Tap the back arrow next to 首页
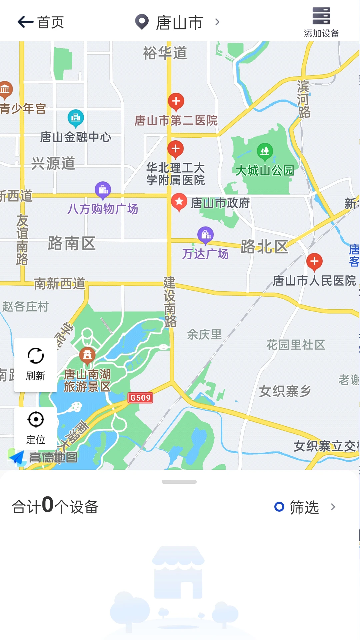point(25,22)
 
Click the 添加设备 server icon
point(321,16)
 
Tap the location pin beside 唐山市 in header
point(142,22)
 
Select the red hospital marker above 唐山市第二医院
point(176,101)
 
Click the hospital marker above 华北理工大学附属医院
point(176,149)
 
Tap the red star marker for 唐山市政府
point(179,202)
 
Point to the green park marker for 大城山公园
point(265,151)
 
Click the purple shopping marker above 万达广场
point(206,235)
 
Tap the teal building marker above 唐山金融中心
point(76,118)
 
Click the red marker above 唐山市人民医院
point(314,262)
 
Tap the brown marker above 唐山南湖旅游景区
point(87,355)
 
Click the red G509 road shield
point(140,398)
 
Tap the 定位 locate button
point(36,427)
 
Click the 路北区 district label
point(264,247)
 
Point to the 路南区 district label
point(72,243)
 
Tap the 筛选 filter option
point(304,507)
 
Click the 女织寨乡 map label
point(285,391)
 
